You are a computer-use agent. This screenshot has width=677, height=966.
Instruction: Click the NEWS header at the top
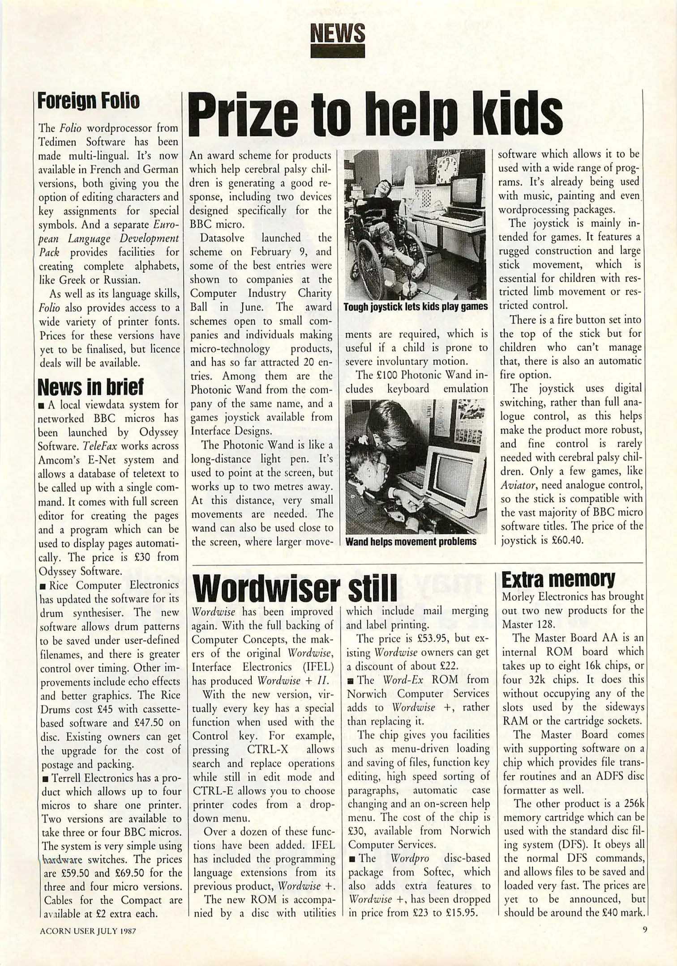point(338,33)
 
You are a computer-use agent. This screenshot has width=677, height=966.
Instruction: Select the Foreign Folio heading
point(88,102)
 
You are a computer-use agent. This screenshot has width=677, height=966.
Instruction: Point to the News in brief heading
point(91,387)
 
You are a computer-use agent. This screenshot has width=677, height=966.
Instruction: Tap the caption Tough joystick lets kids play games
point(415,307)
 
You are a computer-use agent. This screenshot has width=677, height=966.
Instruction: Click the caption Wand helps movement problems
point(411,542)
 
